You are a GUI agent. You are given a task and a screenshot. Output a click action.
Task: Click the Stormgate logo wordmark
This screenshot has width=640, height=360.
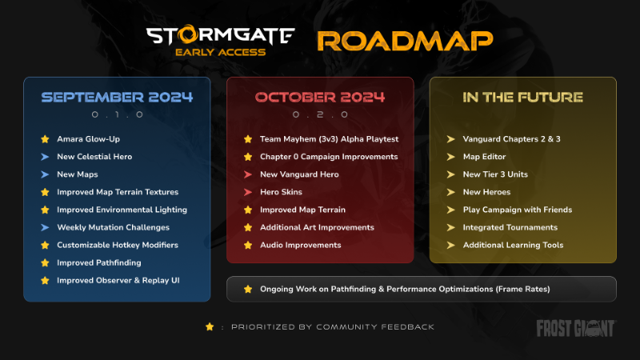(x=221, y=36)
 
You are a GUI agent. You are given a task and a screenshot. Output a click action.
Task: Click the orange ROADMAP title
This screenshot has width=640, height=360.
(x=404, y=41)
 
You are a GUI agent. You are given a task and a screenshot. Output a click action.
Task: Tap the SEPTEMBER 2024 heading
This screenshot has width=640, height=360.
(x=117, y=98)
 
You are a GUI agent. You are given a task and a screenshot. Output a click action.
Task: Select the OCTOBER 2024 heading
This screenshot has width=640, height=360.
(x=320, y=98)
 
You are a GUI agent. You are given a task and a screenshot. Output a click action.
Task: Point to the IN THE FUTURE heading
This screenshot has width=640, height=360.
(x=522, y=98)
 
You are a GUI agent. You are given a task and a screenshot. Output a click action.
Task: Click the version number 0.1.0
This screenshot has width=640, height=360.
(x=117, y=115)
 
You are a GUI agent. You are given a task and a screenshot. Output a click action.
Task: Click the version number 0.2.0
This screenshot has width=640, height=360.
(x=320, y=115)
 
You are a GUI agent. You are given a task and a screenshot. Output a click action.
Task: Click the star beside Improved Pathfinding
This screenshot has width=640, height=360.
(x=45, y=262)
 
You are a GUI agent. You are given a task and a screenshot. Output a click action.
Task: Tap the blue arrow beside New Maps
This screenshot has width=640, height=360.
(x=45, y=174)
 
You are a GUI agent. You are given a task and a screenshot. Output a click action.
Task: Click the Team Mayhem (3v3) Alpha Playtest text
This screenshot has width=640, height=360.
(x=329, y=139)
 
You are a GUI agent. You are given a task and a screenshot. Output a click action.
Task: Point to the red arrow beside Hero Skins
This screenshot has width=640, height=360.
(x=248, y=192)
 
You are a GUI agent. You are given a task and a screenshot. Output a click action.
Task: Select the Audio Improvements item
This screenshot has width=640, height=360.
(x=300, y=245)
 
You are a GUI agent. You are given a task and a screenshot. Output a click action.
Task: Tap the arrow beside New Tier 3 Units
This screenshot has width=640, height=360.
(x=451, y=174)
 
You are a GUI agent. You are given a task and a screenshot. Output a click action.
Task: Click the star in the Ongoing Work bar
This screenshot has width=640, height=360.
(x=248, y=289)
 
